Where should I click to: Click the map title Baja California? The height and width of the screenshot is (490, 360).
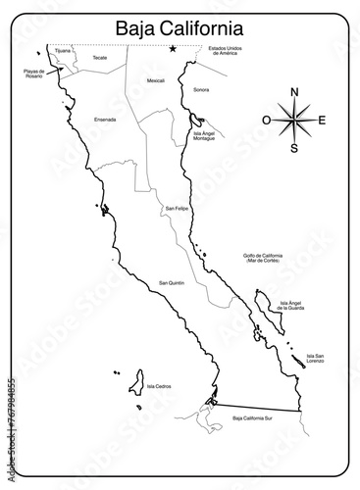coord(179,25)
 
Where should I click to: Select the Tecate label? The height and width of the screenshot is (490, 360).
coord(99,58)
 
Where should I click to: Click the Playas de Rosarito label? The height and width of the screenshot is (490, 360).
coord(34,74)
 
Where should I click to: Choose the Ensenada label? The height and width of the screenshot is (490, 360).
coord(105,120)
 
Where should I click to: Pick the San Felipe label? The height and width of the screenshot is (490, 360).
coord(177,209)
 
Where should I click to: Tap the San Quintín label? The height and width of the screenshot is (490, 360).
coord(172,282)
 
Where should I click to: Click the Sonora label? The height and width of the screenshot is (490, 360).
coord(201,89)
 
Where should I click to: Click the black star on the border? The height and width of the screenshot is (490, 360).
coord(173,49)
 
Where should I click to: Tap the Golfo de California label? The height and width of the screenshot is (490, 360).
coord(262,258)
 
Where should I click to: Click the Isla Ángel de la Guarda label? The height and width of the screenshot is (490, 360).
coord(292,306)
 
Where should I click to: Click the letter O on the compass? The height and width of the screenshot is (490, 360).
coord(266,121)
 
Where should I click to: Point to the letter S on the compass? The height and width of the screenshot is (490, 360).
coord(294,149)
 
